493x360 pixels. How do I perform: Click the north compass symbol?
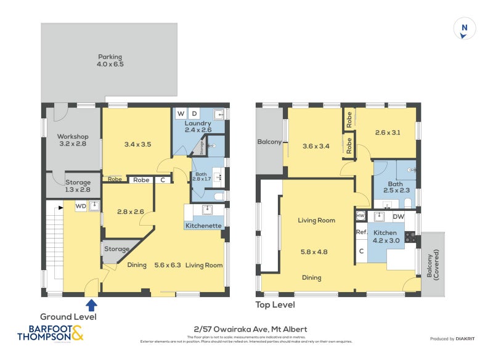[465, 29]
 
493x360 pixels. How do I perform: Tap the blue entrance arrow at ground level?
[92, 304]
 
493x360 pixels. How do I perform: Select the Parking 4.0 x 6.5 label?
[110, 60]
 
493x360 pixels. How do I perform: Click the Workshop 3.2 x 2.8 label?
[73, 140]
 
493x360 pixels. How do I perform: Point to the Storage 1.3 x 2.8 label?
[78, 186]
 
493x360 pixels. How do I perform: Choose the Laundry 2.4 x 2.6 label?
[198, 127]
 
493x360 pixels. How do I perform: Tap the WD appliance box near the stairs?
[81, 207]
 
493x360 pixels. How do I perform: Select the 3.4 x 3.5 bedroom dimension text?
[137, 144]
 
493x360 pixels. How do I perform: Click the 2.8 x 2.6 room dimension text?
[130, 211]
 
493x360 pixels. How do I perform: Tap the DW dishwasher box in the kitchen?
[398, 216]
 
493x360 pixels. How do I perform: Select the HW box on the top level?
[361, 215]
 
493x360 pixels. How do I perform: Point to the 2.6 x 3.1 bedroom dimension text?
[387, 132]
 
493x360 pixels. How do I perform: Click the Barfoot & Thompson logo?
[50, 333]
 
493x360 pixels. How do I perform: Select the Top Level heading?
[275, 305]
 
